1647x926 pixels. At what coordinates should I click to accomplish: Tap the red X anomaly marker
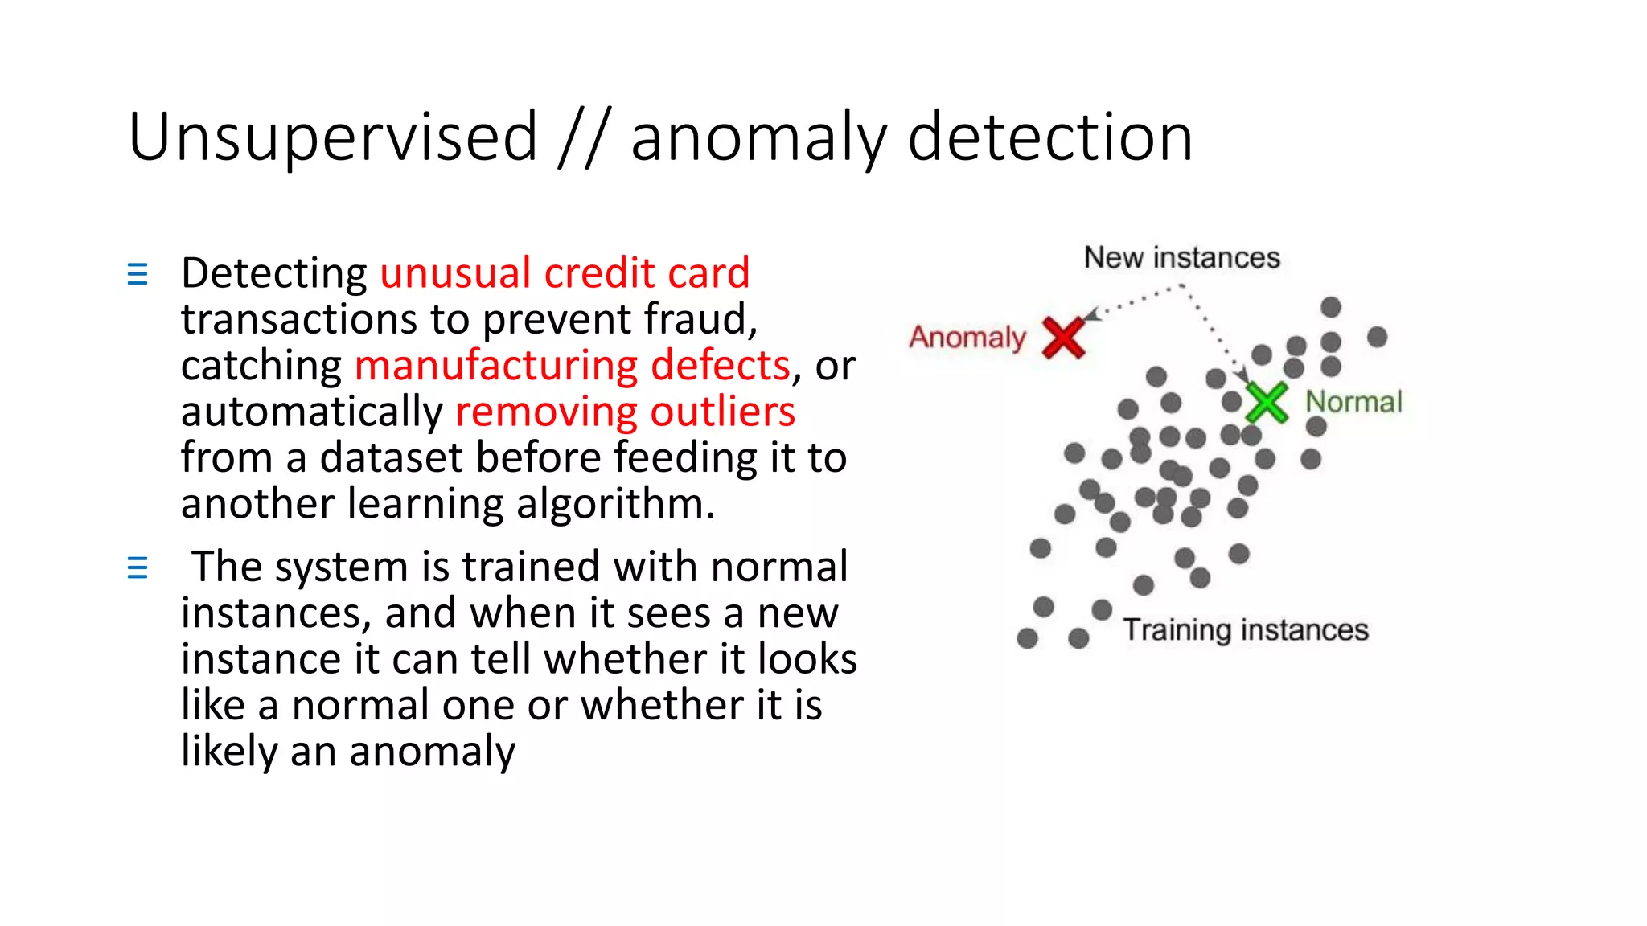pos(1063,337)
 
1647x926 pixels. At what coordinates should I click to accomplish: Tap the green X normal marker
pos(1267,403)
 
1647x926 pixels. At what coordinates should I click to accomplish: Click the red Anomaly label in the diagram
pos(967,338)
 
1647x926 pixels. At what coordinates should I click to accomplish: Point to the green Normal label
pos(1353,401)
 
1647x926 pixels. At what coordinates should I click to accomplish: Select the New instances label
pos(1181,258)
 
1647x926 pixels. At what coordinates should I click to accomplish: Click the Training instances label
pos(1245,629)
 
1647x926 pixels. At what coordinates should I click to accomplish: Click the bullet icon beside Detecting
pos(138,274)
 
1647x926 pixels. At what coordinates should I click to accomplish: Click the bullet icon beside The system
pos(138,568)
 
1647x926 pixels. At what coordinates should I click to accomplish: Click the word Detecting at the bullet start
pos(274,273)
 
